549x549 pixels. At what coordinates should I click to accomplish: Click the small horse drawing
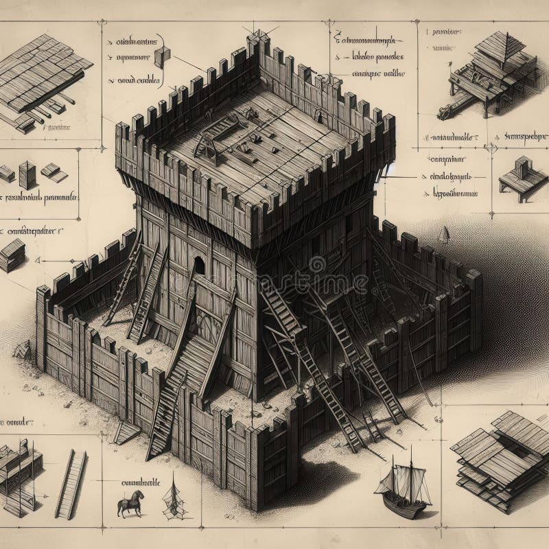(x=130, y=503)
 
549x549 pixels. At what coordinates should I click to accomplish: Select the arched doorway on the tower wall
(x=198, y=266)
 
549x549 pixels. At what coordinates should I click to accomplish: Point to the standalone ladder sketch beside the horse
(x=71, y=484)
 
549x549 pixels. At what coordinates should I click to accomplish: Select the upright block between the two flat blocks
(x=27, y=174)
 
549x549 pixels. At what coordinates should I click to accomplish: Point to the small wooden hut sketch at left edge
(x=12, y=255)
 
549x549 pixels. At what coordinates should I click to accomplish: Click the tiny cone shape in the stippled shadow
(x=443, y=235)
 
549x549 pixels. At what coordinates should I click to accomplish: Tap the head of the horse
(x=140, y=494)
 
